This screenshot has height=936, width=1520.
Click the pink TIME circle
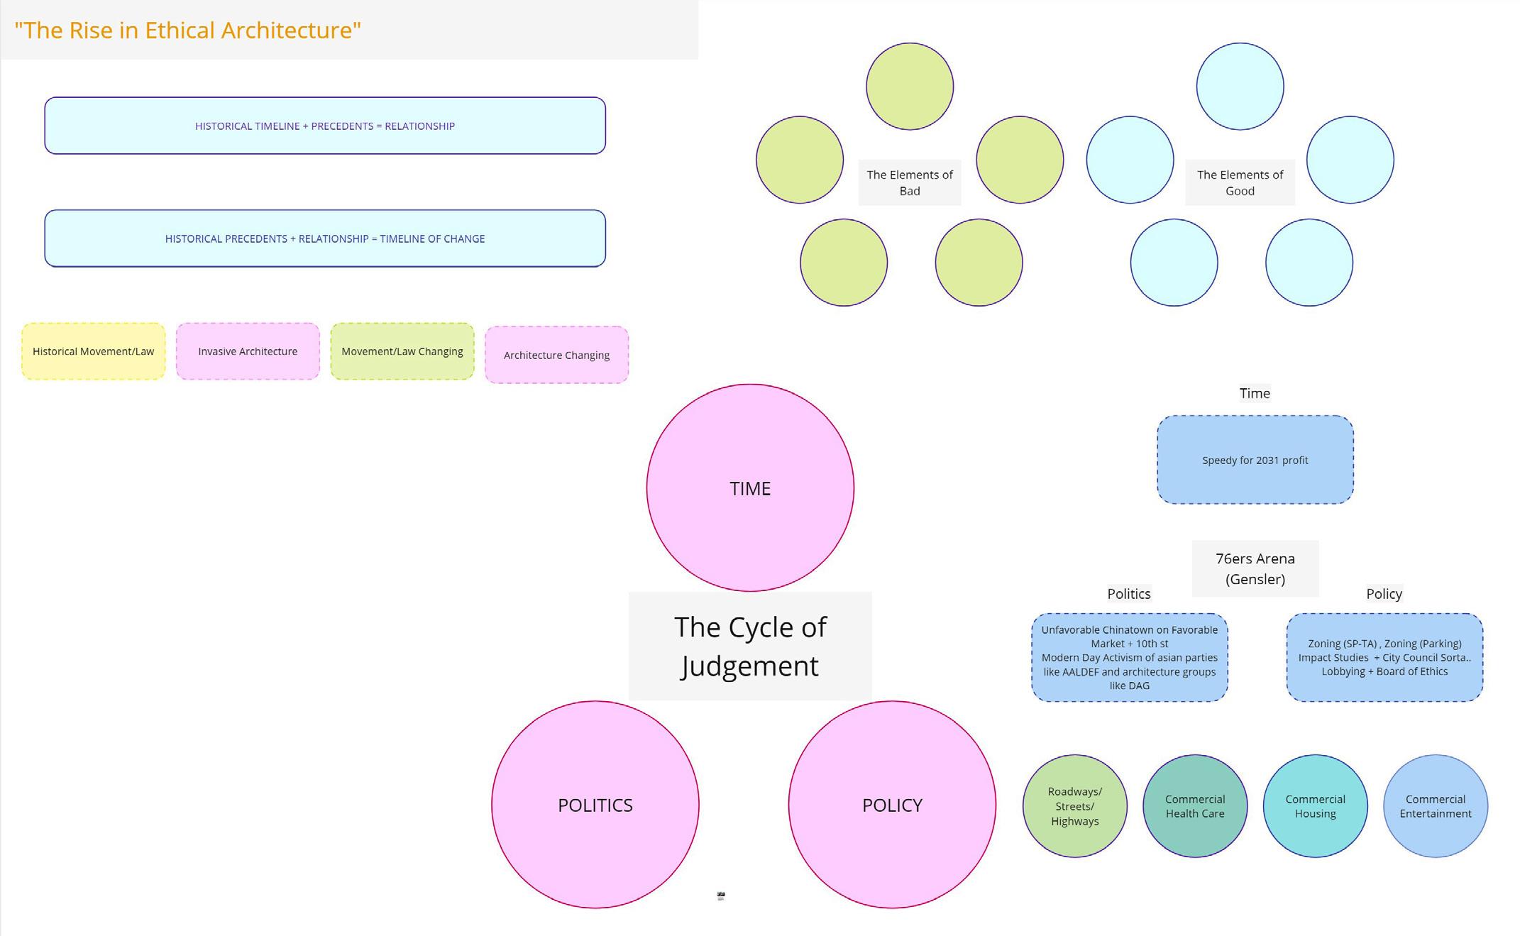(750, 488)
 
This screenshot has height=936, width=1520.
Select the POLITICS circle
(595, 805)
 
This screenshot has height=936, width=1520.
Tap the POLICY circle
(892, 805)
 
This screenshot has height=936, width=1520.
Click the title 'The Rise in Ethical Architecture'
(188, 31)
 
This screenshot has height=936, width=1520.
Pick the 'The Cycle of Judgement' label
(750, 646)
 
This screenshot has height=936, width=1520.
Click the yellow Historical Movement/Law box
(94, 351)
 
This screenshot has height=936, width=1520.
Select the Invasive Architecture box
(248, 351)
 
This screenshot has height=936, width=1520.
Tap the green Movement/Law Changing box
(402, 351)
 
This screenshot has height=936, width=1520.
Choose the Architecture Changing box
(556, 355)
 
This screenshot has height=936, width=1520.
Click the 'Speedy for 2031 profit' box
(1255, 460)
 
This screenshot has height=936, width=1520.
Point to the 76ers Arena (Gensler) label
(1255, 568)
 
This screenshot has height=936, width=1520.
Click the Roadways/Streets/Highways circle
(1074, 806)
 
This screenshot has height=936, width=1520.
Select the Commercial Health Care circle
(1195, 806)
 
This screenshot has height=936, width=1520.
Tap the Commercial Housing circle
(1315, 806)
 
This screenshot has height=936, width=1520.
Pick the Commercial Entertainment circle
(1435, 806)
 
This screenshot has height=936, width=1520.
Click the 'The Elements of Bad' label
(910, 182)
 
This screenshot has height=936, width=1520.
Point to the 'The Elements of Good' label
(1240, 182)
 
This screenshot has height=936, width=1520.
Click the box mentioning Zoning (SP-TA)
(1384, 657)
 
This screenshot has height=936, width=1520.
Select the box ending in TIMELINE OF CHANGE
(325, 238)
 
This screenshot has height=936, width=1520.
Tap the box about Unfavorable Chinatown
(1129, 657)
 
